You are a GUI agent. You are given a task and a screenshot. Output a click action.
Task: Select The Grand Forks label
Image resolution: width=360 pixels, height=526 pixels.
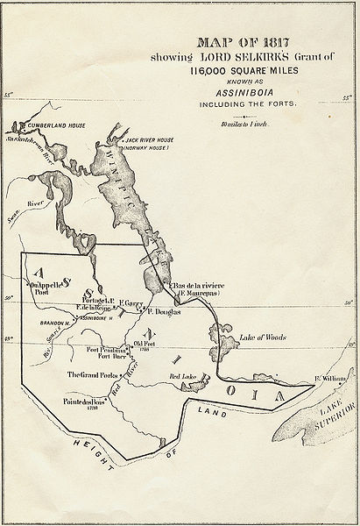click(x=91, y=374)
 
